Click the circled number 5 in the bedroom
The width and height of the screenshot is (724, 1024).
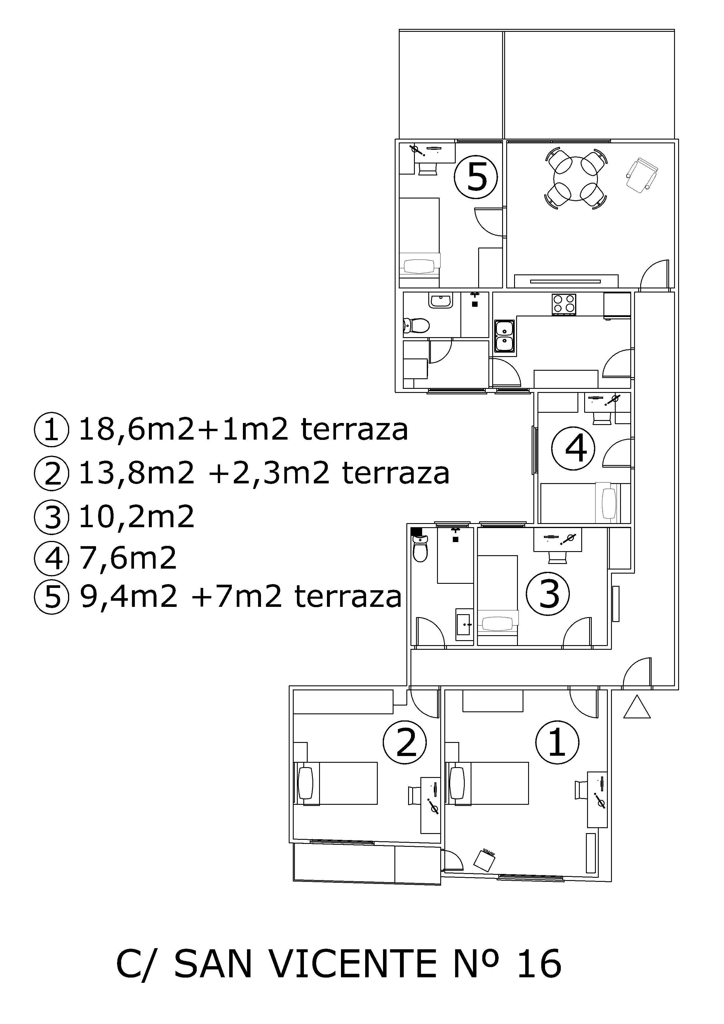click(476, 177)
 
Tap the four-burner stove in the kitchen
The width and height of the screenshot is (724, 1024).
click(564, 305)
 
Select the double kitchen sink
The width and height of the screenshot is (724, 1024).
click(504, 335)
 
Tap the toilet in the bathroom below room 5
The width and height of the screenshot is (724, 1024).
click(416, 325)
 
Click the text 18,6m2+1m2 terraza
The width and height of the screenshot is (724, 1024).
click(243, 429)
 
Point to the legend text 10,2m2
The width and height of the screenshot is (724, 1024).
click(137, 516)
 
